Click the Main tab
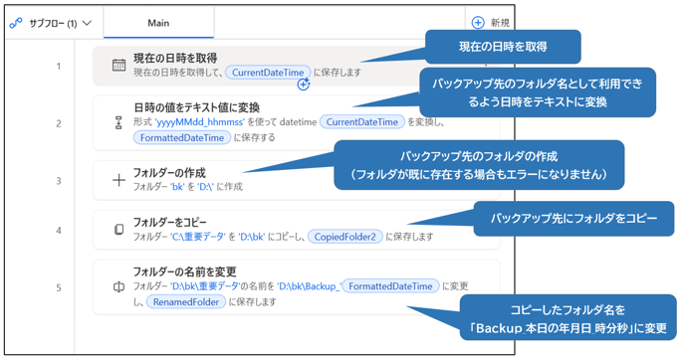[x=158, y=23]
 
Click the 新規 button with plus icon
[x=491, y=23]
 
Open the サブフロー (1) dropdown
[x=51, y=23]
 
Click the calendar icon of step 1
[x=118, y=66]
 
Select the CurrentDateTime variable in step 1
[x=267, y=73]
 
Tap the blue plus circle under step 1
[x=304, y=85]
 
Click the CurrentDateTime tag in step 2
[x=362, y=122]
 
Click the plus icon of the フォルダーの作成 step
[x=118, y=180]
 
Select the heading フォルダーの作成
[x=169, y=172]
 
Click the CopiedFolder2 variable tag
[x=344, y=237]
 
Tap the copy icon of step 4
[x=118, y=230]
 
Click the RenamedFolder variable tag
[x=185, y=301]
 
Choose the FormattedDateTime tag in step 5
[x=390, y=285]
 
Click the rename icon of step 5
[x=118, y=287]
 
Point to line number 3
[x=58, y=181]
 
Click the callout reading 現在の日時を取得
[x=502, y=47]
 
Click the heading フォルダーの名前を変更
[x=184, y=271]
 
